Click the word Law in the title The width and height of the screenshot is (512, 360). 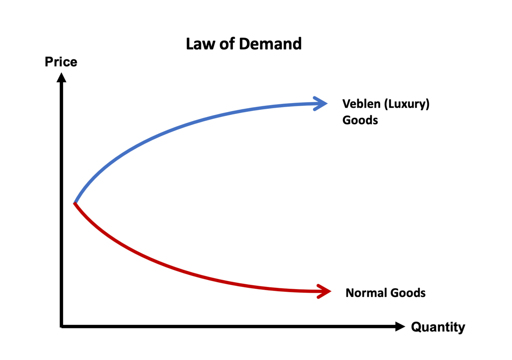201,44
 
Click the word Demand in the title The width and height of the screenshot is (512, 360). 270,44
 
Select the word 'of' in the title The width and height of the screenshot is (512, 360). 227,44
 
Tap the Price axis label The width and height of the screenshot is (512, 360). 61,62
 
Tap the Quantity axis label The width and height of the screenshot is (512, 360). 438,327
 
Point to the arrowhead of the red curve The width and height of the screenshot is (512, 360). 324,291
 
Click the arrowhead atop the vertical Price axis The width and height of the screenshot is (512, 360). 61,78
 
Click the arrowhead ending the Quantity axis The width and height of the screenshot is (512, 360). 400,326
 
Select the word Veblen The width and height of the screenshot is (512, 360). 361,104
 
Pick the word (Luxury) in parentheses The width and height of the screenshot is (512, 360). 407,105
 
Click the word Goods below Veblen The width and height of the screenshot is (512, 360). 360,120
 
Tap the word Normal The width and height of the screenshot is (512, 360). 366,293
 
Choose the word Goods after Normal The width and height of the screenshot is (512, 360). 408,293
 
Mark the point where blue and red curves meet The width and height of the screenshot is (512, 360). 75,203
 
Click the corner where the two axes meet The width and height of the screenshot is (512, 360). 61,326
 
